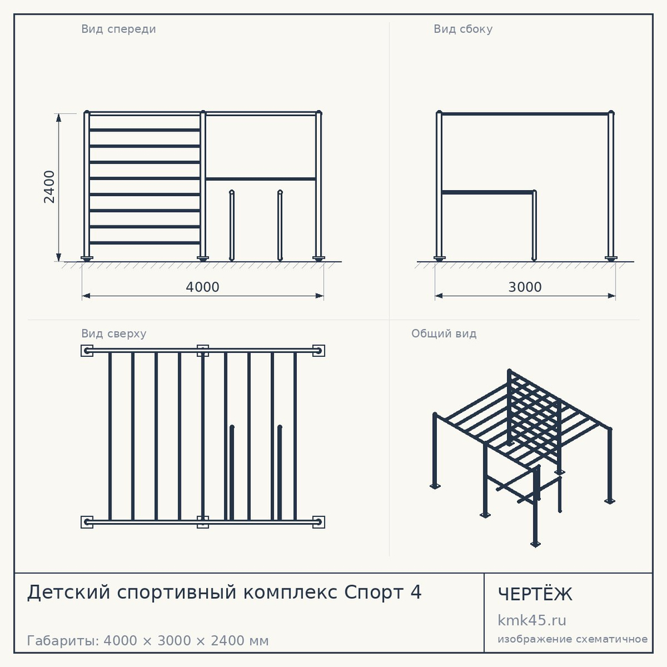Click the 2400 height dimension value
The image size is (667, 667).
click(x=49, y=187)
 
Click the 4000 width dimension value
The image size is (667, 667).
click(x=203, y=287)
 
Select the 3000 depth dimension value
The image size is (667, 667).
click(x=525, y=287)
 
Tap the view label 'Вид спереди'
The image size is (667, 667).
click(x=119, y=29)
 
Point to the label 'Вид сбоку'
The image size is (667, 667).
click(x=464, y=29)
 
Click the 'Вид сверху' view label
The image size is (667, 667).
click(x=114, y=333)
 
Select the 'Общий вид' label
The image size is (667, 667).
click(x=444, y=333)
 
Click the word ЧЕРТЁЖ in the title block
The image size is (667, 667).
click(x=535, y=594)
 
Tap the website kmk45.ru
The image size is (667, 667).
click(x=532, y=620)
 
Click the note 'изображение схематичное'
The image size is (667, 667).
click(x=572, y=640)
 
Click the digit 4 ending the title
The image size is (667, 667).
click(x=416, y=592)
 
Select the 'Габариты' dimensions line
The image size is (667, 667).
click(x=147, y=640)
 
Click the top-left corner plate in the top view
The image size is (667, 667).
click(x=87, y=351)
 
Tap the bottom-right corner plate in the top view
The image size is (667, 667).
click(x=319, y=522)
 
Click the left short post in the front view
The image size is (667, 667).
click(x=232, y=225)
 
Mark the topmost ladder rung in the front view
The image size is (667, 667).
click(x=145, y=130)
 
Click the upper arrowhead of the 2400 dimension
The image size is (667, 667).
click(x=59, y=118)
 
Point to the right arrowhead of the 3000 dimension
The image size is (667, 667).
click(x=611, y=295)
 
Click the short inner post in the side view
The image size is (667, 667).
click(x=534, y=225)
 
